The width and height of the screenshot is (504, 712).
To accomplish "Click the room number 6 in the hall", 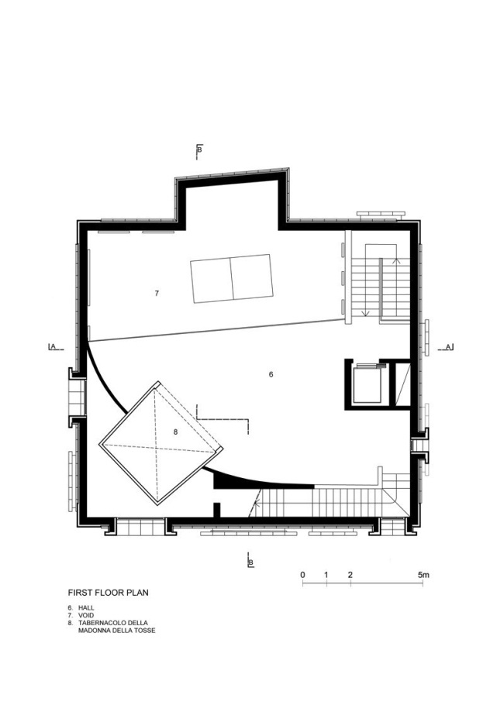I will click(271, 374).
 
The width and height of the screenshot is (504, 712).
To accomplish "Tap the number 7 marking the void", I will click(157, 294).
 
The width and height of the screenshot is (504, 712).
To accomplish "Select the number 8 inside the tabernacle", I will click(176, 432).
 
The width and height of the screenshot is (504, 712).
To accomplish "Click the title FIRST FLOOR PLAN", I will click(108, 593).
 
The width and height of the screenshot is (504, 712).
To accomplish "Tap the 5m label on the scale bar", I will click(423, 575).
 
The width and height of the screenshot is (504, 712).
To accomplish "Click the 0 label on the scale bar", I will click(302, 575).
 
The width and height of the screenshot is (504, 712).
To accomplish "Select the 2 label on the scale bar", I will click(350, 575).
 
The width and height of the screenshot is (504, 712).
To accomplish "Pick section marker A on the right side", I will click(448, 347).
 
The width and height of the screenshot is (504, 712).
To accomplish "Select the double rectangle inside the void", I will click(231, 277).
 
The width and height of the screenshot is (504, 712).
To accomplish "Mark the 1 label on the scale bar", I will click(326, 575).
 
